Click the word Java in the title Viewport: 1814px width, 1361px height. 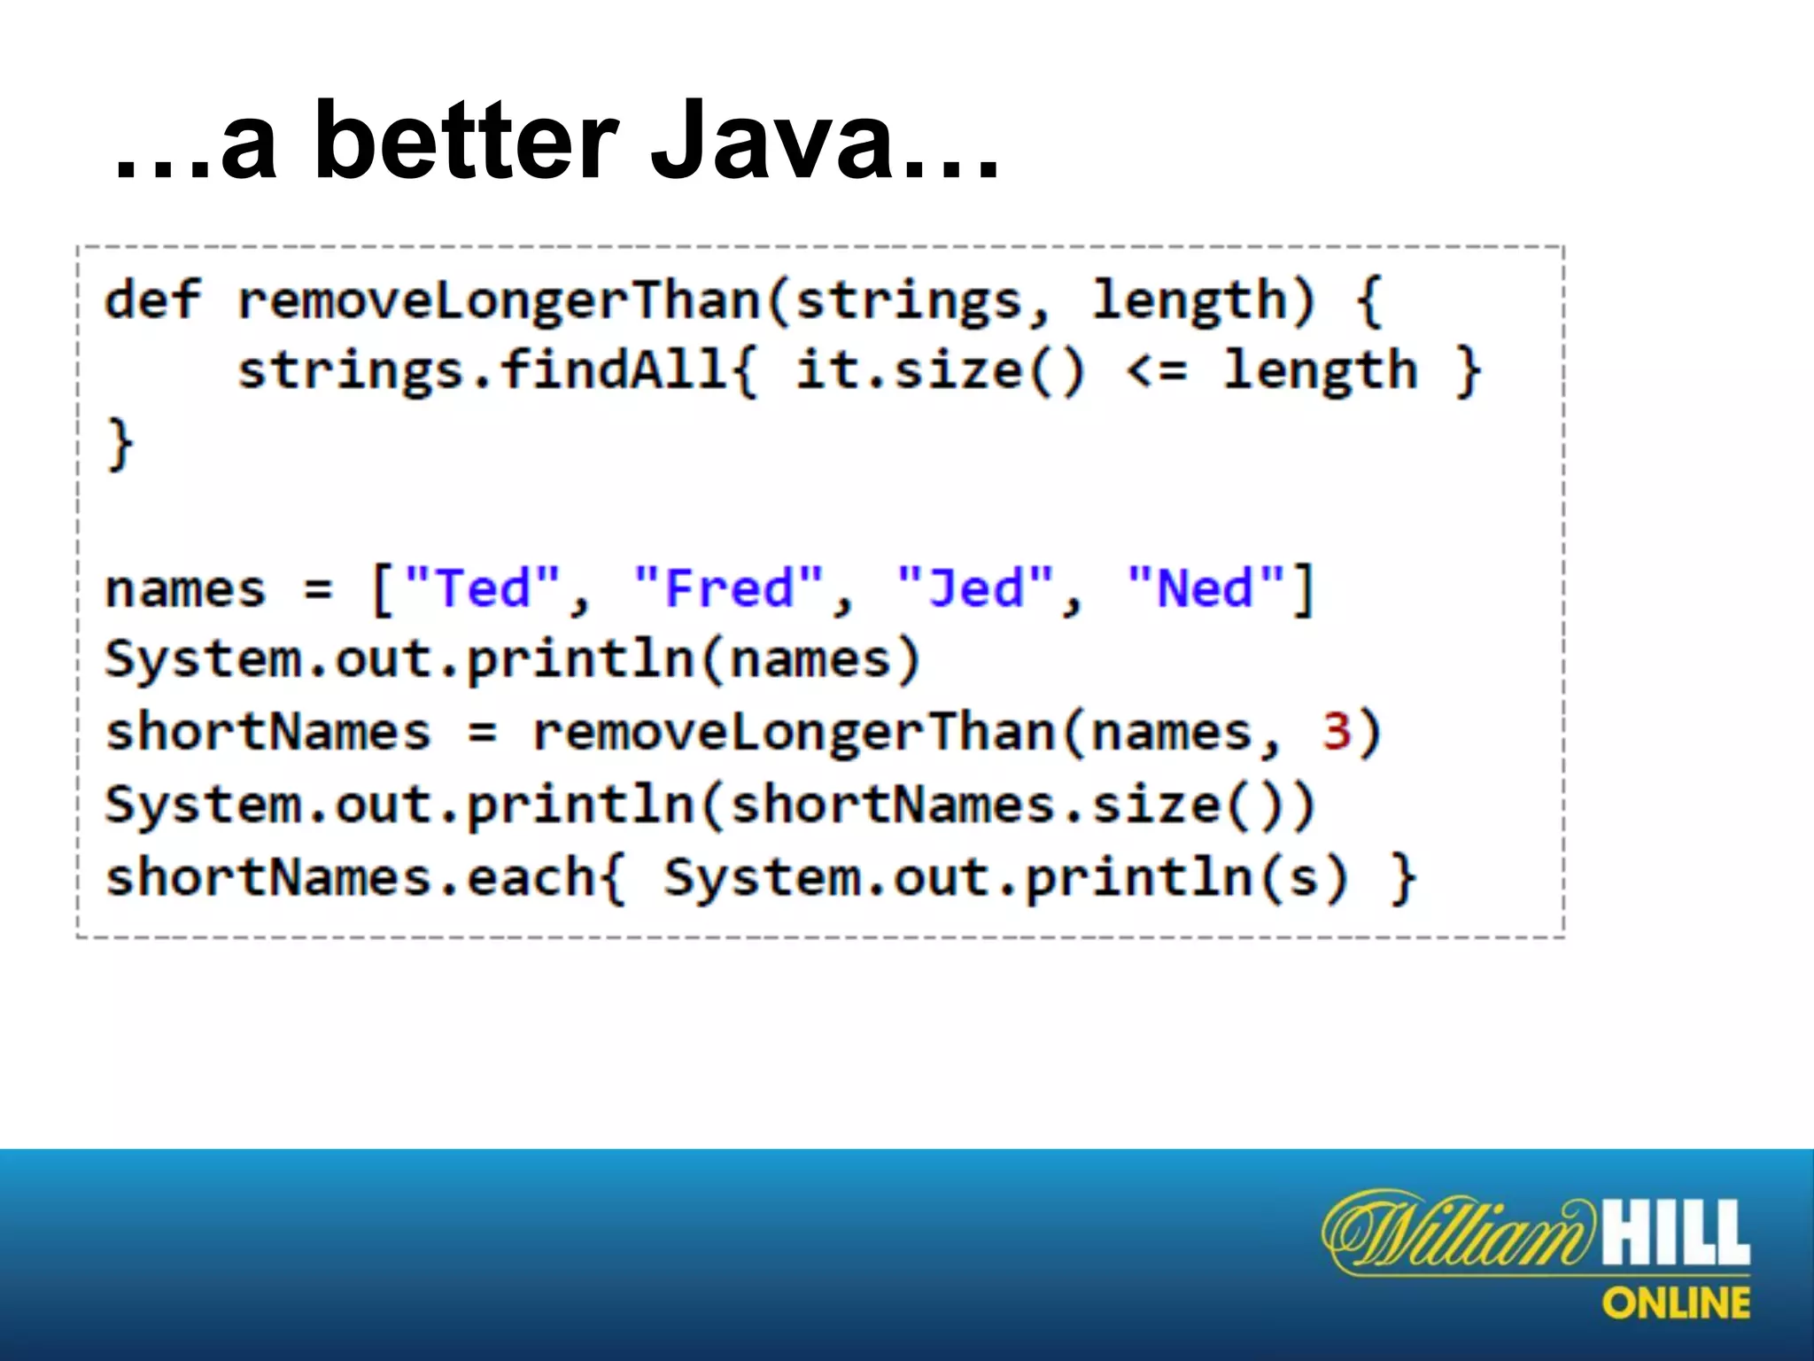pyautogui.click(x=771, y=142)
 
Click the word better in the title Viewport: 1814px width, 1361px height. pyautogui.click(x=465, y=142)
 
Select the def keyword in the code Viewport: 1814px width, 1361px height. pyautogui.click(x=152, y=299)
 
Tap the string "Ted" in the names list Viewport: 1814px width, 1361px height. pyautogui.click(x=483, y=588)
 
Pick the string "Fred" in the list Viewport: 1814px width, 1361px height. pyautogui.click(x=730, y=588)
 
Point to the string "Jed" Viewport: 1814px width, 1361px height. pyautogui.click(x=975, y=588)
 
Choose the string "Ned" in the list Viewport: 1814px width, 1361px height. pyautogui.click(x=1205, y=588)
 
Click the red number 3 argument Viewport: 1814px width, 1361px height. pyautogui.click(x=1336, y=732)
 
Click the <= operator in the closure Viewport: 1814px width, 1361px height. pyautogui.click(x=1156, y=370)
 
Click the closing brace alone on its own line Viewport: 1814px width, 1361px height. pyautogui.click(x=120, y=443)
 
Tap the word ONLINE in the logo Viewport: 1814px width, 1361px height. pyautogui.click(x=1676, y=1303)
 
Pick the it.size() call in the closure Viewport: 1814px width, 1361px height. pyautogui.click(x=939, y=370)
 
